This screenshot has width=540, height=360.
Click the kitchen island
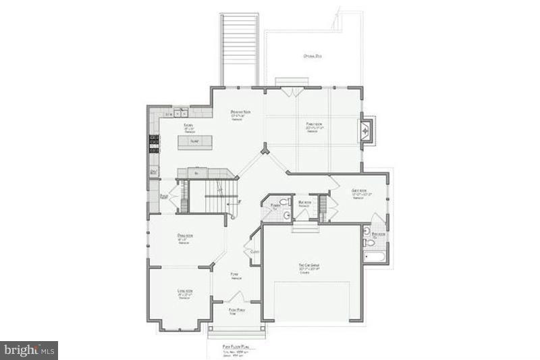(x=195, y=143)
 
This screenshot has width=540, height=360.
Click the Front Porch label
(x=236, y=310)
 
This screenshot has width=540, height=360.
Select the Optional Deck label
(x=313, y=56)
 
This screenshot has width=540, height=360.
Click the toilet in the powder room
(x=286, y=215)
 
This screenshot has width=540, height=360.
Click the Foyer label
(x=236, y=276)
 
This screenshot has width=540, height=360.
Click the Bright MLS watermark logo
(x=29, y=350)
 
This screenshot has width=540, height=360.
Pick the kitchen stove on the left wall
(x=154, y=143)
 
